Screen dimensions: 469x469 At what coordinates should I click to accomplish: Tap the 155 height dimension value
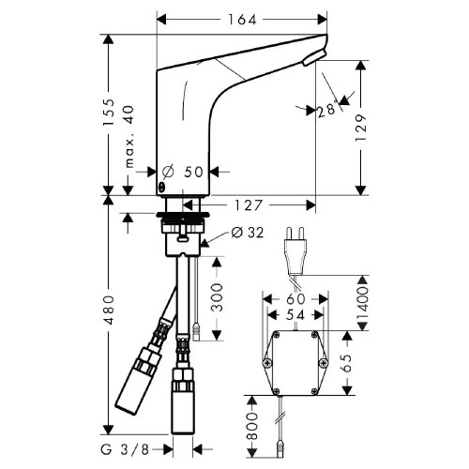pyautogui.click(x=111, y=113)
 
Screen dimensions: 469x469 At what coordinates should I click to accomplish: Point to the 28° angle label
pyautogui.click(x=325, y=111)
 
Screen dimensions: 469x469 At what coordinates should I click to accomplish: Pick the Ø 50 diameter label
pyautogui.click(x=183, y=172)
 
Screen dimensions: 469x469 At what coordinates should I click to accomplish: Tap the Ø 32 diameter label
pyautogui.click(x=247, y=233)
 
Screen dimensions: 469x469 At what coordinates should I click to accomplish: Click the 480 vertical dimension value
pyautogui.click(x=109, y=310)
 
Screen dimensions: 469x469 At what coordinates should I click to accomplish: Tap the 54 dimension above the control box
pyautogui.click(x=294, y=314)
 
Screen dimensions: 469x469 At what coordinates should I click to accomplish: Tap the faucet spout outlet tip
pyautogui.click(x=312, y=58)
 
